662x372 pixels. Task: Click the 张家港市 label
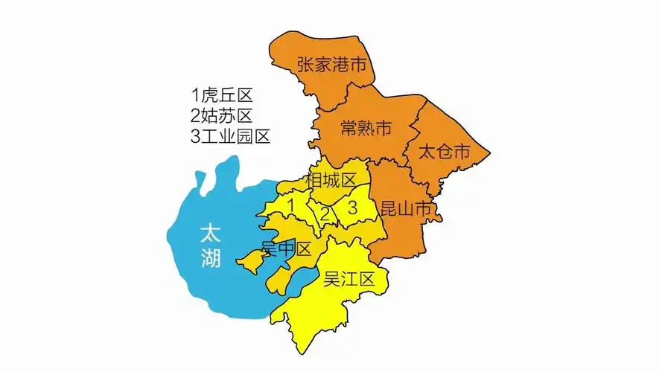click(x=332, y=65)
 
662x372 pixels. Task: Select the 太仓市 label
click(x=444, y=153)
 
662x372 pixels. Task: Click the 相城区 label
click(x=331, y=181)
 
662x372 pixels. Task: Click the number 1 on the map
click(x=293, y=203)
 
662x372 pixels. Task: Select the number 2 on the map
click(x=325, y=214)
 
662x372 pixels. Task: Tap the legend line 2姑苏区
click(x=222, y=116)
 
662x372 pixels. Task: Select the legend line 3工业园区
click(x=230, y=137)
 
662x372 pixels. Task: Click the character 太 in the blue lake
click(x=211, y=234)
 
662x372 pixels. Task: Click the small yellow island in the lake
click(x=249, y=262)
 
